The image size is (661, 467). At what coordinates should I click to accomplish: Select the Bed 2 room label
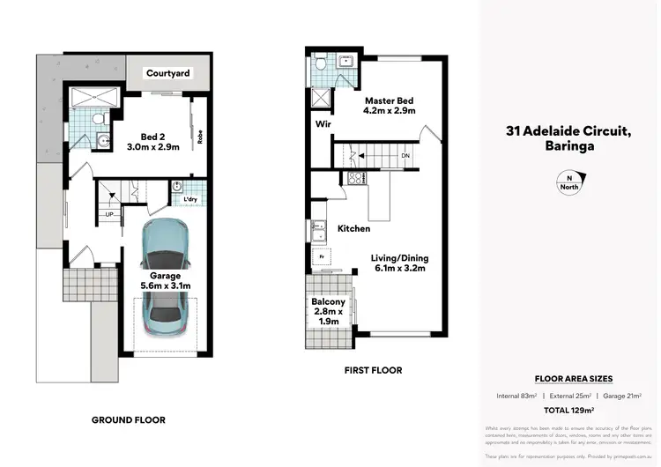pyautogui.click(x=160, y=142)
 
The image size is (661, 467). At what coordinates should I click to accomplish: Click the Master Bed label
pyautogui.click(x=389, y=105)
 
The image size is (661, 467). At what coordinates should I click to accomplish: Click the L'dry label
pyautogui.click(x=189, y=199)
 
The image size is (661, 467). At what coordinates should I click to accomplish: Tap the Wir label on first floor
pyautogui.click(x=323, y=125)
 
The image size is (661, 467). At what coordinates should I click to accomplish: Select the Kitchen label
pyautogui.click(x=353, y=228)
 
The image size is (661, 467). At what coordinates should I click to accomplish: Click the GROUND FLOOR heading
pyautogui.click(x=129, y=419)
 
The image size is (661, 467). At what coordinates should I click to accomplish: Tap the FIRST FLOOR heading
pyautogui.click(x=373, y=370)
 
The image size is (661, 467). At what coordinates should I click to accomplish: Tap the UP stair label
pyautogui.click(x=109, y=214)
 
